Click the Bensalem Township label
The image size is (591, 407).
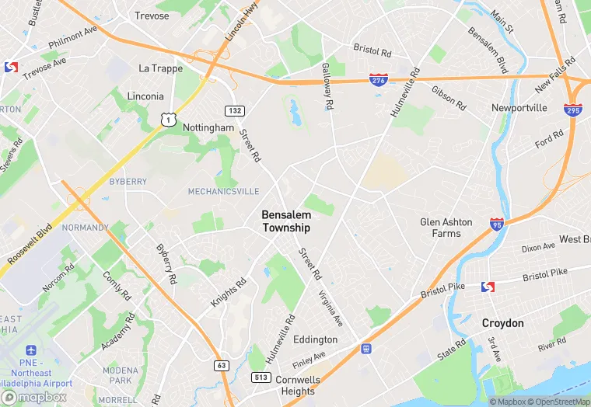285,221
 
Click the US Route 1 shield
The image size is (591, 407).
166,117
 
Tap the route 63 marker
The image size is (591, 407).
222,365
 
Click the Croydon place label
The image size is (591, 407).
502,323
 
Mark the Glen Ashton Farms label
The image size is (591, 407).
446,228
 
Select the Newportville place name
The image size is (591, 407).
519,107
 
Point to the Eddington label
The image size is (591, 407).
315,339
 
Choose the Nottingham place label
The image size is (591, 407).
208,127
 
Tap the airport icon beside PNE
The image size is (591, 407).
31,352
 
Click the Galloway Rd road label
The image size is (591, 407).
327,85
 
